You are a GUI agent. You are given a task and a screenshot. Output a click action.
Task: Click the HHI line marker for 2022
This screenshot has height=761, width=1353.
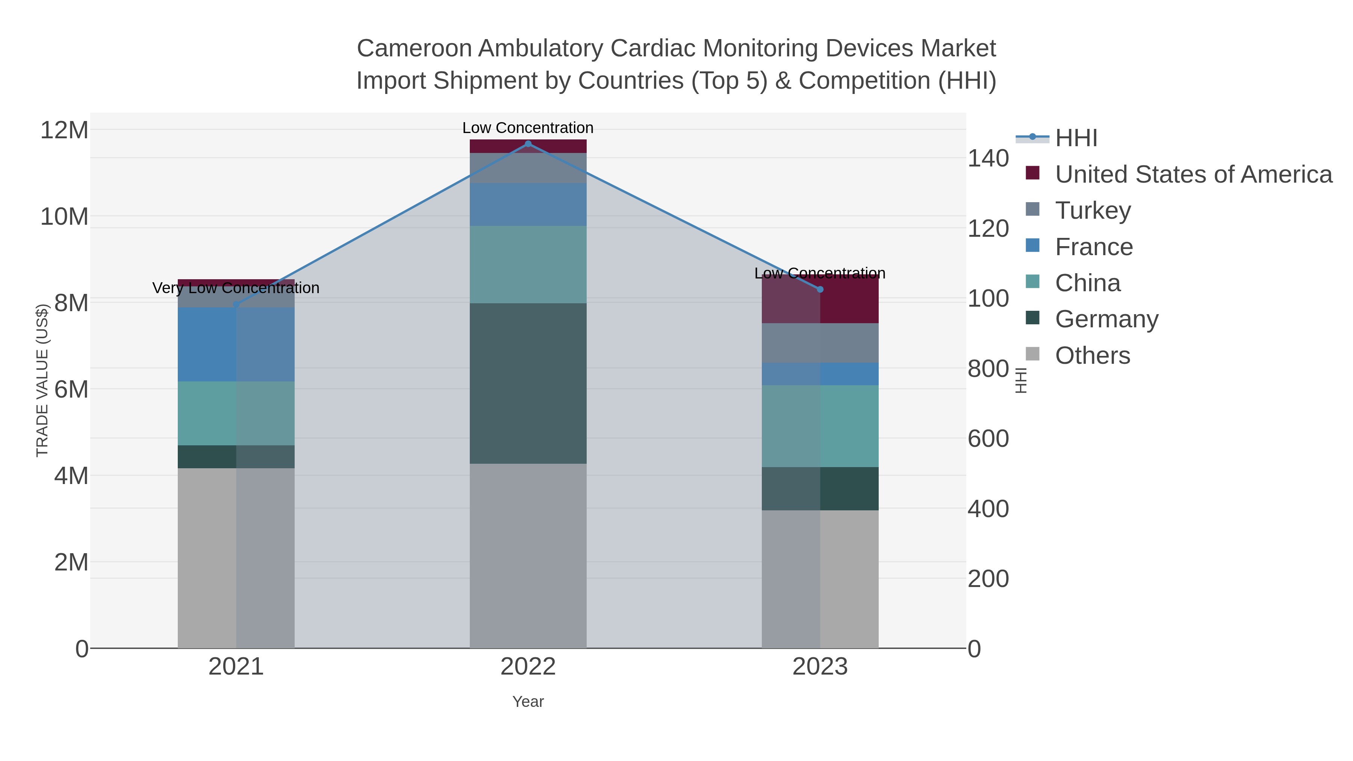coord(528,144)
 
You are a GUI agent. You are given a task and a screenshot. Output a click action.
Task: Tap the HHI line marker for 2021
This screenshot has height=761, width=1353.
coord(236,305)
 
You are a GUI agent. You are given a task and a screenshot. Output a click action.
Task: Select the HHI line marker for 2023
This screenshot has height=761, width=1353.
coord(820,289)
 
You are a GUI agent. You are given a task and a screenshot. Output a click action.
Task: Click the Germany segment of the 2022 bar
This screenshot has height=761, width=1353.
coord(528,383)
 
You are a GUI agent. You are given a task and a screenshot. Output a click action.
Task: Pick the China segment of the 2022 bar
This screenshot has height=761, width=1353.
coord(528,264)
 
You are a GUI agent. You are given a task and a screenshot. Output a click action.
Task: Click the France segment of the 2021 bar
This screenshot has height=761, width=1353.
coord(236,345)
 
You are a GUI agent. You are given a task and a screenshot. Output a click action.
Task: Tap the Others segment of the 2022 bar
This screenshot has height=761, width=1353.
coord(528,556)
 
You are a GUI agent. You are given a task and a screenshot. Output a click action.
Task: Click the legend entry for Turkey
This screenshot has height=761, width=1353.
coord(1093,210)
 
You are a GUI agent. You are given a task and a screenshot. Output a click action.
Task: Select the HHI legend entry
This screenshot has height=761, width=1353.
coord(1076,138)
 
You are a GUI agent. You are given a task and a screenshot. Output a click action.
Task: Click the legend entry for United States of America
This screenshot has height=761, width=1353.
coord(1193,174)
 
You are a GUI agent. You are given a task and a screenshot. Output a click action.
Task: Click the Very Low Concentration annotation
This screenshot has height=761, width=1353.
coord(236,288)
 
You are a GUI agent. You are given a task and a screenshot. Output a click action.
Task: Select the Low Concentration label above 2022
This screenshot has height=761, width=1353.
coord(528,128)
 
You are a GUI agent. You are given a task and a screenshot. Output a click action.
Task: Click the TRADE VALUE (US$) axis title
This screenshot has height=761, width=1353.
coord(42,380)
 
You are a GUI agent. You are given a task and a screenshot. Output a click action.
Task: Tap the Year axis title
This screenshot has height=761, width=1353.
coord(528,702)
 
